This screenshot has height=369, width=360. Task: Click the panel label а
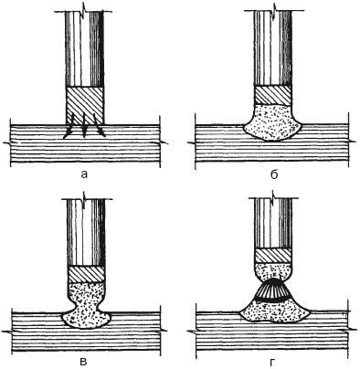84,174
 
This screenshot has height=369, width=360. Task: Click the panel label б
274,174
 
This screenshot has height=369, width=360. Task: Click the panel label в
84,362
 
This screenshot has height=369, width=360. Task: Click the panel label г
272,362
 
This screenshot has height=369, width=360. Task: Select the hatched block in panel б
273,95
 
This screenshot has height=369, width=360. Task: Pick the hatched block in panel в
86,274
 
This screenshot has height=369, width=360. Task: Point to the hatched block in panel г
273,256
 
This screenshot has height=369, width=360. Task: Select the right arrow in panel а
100,125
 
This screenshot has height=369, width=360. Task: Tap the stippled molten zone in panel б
273,122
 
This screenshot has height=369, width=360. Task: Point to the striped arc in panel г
273,290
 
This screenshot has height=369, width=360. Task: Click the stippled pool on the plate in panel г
274,311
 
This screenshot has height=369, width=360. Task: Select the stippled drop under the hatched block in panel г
273,271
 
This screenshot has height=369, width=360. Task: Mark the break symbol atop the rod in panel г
273,195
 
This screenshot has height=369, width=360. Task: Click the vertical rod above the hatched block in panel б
273,48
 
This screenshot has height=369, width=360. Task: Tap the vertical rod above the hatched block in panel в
86,233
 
